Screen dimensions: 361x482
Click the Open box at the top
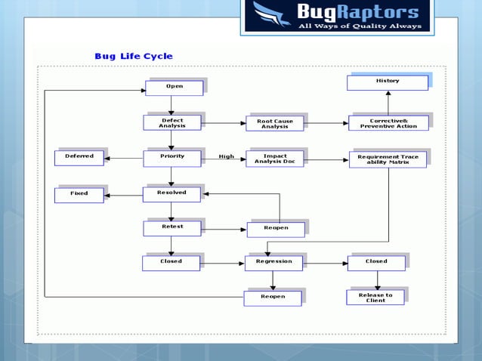pyautogui.click(x=174, y=88)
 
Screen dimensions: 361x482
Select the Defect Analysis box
pyautogui.click(x=172, y=122)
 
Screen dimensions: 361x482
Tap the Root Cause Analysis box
pyautogui.click(x=275, y=124)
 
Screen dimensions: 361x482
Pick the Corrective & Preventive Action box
pyautogui.click(x=388, y=122)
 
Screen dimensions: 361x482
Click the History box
pyautogui.click(x=388, y=82)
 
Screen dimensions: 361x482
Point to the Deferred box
pyautogui.click(x=79, y=158)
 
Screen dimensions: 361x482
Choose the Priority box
pyautogui.click(x=172, y=158)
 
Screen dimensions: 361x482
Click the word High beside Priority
pyautogui.click(x=226, y=157)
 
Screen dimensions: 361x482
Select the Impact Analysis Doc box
pyautogui.click(x=275, y=159)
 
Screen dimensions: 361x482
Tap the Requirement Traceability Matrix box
pyautogui.click(x=388, y=159)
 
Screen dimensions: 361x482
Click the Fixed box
pyautogui.click(x=79, y=195)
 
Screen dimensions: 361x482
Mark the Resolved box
pyautogui.click(x=172, y=194)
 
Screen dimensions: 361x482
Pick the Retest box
pyautogui.click(x=172, y=227)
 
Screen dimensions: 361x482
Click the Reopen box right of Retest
pyautogui.click(x=276, y=229)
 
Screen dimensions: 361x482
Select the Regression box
pyautogui.click(x=273, y=263)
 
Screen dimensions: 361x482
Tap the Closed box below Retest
pyautogui.click(x=171, y=263)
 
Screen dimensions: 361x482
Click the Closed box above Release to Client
pyautogui.click(x=376, y=263)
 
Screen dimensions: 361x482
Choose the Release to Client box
pyautogui.click(x=375, y=298)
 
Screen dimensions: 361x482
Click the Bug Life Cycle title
pyautogui.click(x=133, y=56)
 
